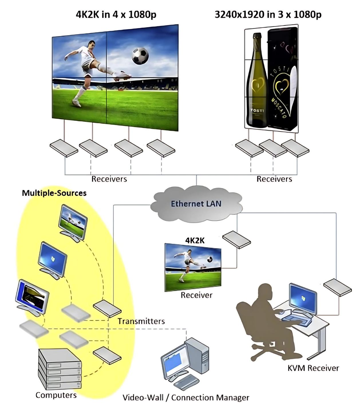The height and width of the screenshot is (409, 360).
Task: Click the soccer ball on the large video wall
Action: pos(140,56)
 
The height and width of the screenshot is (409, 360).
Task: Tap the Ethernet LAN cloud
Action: pos(196,204)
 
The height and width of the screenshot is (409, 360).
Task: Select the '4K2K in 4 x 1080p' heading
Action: pos(116,14)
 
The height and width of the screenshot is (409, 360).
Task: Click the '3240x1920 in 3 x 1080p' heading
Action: pos(268,14)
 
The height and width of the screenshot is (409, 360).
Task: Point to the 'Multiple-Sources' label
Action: pos(54,193)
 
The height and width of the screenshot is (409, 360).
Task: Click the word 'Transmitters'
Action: pos(141,321)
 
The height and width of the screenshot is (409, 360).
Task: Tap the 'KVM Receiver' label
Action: pos(313,368)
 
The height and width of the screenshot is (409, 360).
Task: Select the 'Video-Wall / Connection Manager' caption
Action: pos(186,398)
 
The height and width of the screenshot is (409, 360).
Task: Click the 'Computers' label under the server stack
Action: pos(56,395)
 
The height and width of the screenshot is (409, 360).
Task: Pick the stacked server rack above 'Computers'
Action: pos(60,369)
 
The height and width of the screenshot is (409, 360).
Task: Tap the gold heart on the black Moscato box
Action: pos(282,86)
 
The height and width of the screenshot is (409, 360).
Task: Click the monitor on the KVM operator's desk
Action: pos(303,299)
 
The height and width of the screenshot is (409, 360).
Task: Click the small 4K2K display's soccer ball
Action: pos(210,259)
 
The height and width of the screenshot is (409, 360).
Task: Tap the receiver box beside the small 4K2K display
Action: pos(236,240)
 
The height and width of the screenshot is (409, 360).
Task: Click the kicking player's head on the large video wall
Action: pos(91,44)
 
